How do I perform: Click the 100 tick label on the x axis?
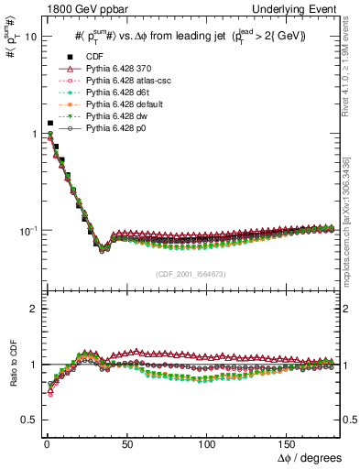point(207,442)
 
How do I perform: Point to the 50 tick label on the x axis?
point(126,442)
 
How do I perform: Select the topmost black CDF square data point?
point(49,123)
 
